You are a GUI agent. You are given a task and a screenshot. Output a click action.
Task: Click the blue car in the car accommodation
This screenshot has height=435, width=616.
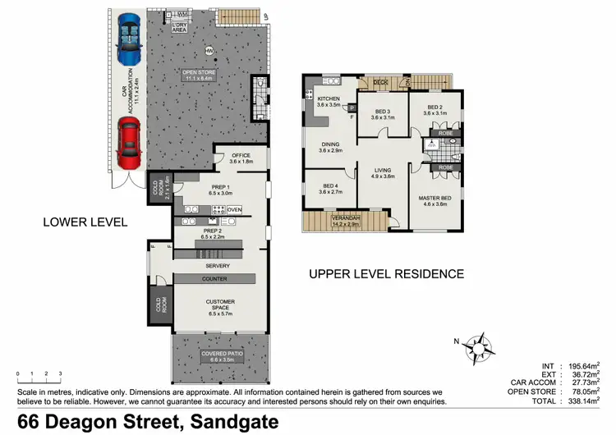click(x=128, y=39)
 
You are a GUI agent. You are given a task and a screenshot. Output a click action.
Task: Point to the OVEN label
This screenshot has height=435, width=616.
click(x=234, y=209)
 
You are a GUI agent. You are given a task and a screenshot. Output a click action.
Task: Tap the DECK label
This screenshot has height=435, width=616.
click(x=380, y=82)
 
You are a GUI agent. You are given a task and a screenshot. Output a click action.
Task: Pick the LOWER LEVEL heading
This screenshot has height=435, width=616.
click(x=85, y=222)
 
